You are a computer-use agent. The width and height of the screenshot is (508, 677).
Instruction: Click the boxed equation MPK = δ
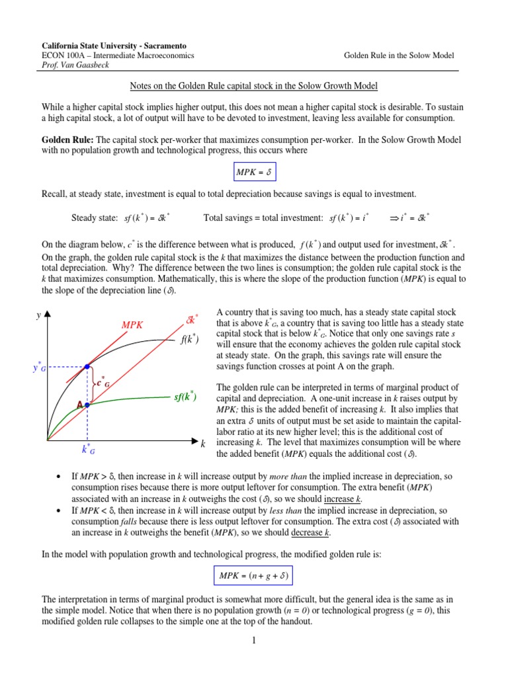[x=253, y=173]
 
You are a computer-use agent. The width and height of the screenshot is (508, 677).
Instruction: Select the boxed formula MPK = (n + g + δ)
[x=253, y=575]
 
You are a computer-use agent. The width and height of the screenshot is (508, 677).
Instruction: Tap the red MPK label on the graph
[x=132, y=325]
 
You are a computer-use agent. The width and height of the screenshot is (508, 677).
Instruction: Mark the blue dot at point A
[x=87, y=405]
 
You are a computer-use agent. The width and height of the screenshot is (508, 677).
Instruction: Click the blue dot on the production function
[x=87, y=366]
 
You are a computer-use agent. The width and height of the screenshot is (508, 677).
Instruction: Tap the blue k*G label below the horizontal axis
[x=88, y=450]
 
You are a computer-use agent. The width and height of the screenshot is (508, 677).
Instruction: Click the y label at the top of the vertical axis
[x=38, y=317]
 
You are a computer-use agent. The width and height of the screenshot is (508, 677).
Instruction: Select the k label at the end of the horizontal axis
[x=202, y=442]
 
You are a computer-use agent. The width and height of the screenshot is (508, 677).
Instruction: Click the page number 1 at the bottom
[x=253, y=640]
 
